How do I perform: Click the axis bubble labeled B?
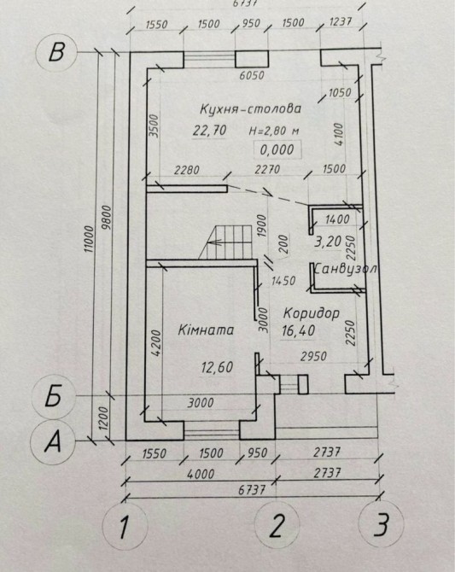point(56,52)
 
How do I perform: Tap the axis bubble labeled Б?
point(54,396)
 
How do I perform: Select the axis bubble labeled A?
point(53,442)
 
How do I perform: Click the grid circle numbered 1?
point(125,527)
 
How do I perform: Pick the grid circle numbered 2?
point(277,525)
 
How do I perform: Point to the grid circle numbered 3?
point(381,524)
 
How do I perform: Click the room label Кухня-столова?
point(250,108)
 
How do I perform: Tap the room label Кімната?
point(206,330)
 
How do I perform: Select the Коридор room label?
point(312,313)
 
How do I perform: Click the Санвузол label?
point(345,269)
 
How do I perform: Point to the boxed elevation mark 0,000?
point(277,149)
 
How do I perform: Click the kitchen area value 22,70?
point(210,131)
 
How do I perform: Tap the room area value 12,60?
point(217,367)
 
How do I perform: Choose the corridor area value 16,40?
point(299,330)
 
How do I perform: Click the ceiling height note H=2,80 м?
point(274,131)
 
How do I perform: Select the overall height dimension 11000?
point(90,239)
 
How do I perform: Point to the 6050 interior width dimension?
point(251,75)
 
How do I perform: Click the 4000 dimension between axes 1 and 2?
point(201,474)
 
